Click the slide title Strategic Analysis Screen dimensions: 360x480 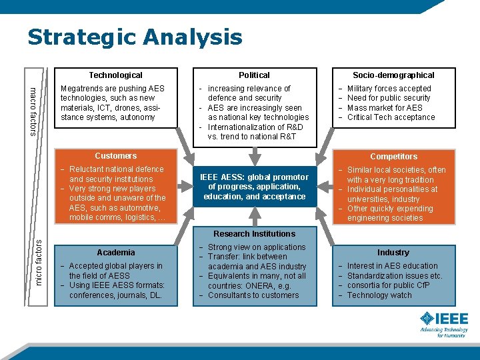point(135,37)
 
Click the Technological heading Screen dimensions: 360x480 point(116,75)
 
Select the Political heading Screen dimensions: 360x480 point(254,75)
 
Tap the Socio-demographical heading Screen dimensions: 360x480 point(393,75)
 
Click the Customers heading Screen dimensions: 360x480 point(116,156)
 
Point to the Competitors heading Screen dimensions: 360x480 point(393,157)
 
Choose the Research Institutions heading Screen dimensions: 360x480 point(254,234)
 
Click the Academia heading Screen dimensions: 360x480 point(116,253)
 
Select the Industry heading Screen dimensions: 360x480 point(393,253)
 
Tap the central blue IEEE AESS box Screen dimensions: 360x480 point(254,187)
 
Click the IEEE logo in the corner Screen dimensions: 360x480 point(443,323)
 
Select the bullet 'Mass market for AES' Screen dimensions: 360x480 point(385,108)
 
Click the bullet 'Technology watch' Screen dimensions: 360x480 point(379,295)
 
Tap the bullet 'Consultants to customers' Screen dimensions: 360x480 point(253,295)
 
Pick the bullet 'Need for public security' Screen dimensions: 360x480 point(389,98)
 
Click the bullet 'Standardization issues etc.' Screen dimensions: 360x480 point(395,276)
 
